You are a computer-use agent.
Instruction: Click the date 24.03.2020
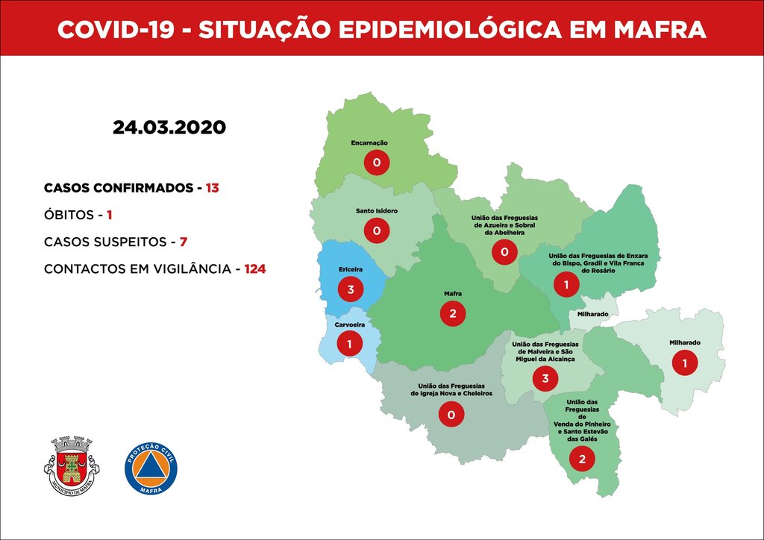[169, 128]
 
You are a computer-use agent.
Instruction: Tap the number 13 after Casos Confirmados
[213, 188]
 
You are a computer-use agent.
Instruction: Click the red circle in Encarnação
[377, 162]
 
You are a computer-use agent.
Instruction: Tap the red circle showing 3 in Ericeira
[350, 289]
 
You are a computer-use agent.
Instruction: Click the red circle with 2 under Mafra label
[452, 313]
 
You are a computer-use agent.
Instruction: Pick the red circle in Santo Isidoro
[376, 230]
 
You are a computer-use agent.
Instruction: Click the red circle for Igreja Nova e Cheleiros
[451, 414]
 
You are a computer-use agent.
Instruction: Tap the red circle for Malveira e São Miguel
[545, 379]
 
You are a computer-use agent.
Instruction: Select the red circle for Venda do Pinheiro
[582, 459]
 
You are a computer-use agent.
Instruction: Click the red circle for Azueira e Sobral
[504, 254]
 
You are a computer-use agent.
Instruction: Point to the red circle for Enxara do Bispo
[566, 284]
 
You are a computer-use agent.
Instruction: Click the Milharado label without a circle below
[592, 315]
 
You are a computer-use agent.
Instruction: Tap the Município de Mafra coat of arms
[72, 465]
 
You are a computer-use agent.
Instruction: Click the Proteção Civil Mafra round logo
[151, 468]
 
